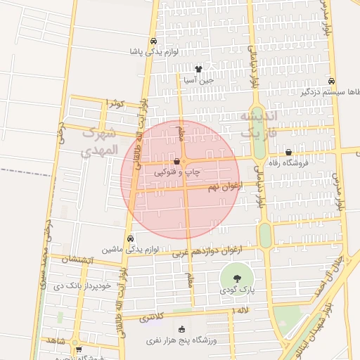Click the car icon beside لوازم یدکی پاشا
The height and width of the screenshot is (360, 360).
point(153,40)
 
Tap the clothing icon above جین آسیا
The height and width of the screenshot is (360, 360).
point(198,70)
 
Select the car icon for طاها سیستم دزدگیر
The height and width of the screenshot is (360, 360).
point(331,80)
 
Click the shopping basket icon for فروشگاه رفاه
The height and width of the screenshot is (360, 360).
point(288,153)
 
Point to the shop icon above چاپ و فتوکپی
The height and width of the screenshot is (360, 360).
point(186,162)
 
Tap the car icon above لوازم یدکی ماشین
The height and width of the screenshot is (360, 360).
point(131,238)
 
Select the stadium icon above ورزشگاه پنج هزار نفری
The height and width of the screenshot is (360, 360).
point(182,329)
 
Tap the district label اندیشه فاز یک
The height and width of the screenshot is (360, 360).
point(259,124)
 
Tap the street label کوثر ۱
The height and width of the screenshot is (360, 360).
point(115,103)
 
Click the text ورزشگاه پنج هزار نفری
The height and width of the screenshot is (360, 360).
point(183,340)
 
